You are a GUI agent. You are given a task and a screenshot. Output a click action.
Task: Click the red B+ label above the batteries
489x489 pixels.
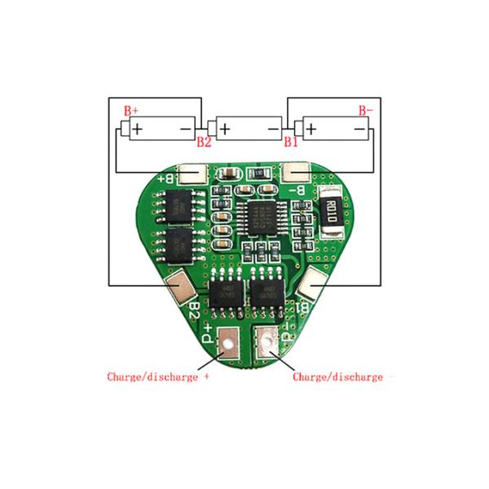(131, 110)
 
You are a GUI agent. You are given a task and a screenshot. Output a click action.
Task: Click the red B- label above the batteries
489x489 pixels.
(366, 110)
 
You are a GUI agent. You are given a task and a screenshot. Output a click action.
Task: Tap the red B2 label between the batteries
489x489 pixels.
(205, 142)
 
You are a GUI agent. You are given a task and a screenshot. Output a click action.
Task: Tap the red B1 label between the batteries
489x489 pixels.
(291, 142)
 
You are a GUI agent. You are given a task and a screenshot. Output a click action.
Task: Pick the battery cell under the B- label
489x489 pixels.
(335, 128)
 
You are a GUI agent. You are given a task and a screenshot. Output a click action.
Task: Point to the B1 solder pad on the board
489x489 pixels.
(312, 285)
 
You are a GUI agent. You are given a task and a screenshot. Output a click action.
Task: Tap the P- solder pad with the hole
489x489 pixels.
(267, 340)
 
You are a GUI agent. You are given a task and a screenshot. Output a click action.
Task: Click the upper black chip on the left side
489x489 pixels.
(176, 204)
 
